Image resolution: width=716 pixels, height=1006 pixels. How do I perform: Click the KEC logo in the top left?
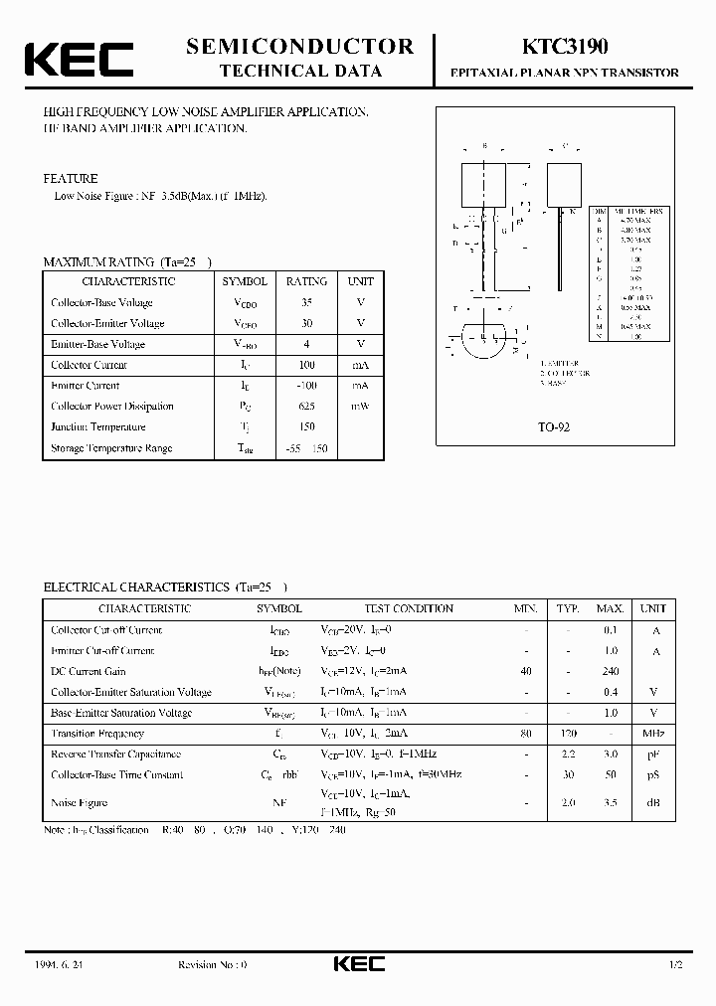coord(79,59)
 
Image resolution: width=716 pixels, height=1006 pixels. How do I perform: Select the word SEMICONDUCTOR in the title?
coord(299,46)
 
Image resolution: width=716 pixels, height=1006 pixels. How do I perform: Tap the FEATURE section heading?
coord(71,179)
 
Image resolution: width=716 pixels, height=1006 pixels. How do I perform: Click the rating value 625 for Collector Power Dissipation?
coord(306,406)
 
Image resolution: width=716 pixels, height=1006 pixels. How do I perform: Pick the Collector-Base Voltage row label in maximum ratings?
coord(101,302)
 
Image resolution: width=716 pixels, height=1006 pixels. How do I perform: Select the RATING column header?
coord(306,281)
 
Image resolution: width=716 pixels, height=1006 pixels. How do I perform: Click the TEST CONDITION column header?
coord(409,608)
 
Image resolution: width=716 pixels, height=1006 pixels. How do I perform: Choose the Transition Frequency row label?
coord(97,734)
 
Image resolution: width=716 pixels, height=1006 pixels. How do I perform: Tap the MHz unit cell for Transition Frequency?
coord(652,734)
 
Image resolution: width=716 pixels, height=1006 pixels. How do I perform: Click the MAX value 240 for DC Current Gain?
coord(610,671)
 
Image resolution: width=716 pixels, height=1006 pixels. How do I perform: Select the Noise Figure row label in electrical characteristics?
coord(79,802)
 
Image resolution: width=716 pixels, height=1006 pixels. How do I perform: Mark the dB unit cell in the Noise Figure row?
coord(652,802)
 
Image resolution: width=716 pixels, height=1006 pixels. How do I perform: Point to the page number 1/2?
coord(676,964)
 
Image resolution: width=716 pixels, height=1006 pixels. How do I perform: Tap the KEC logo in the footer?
coord(358,963)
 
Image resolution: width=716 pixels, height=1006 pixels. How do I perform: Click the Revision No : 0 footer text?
coord(212,964)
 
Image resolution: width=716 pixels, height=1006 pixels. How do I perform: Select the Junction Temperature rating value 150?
coord(306,426)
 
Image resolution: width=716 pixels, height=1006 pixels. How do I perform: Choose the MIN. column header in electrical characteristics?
coord(526,608)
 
